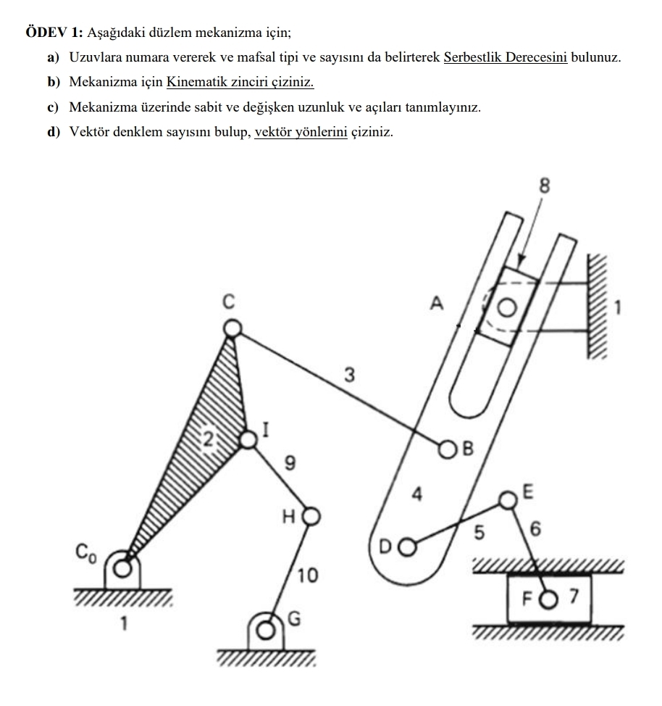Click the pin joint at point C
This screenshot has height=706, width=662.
[232, 330]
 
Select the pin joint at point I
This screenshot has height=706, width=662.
[248, 439]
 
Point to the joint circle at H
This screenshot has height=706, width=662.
[311, 516]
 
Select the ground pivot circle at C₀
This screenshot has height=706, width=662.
[124, 567]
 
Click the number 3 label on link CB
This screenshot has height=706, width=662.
[350, 375]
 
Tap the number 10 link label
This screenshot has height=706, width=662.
[308, 576]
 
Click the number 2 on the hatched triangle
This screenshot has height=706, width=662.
[209, 437]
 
